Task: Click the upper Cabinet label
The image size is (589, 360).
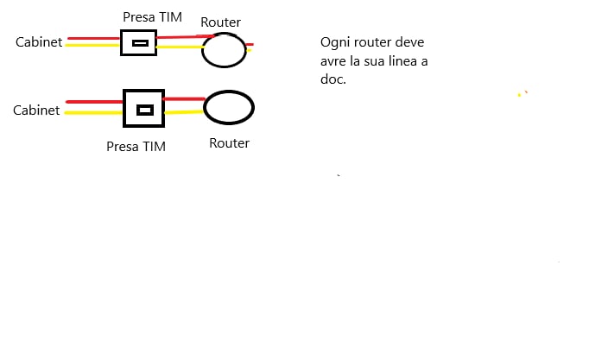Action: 40,41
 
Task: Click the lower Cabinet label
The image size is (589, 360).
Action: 36,111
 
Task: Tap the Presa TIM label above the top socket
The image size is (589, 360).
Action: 153,16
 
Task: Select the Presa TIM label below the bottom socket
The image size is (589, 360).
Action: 136,147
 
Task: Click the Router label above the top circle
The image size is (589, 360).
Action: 220,22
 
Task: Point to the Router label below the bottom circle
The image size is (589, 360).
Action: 229,143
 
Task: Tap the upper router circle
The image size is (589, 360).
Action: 224,50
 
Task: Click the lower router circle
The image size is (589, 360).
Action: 229,108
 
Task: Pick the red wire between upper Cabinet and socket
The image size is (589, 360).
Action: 93,38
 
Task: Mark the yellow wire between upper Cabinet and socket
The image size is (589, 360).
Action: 93,46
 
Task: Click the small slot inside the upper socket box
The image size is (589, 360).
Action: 139,43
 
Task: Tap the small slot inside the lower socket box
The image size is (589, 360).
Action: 146,110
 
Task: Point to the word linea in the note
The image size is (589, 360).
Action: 392,60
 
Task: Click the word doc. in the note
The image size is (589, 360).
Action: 332,79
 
